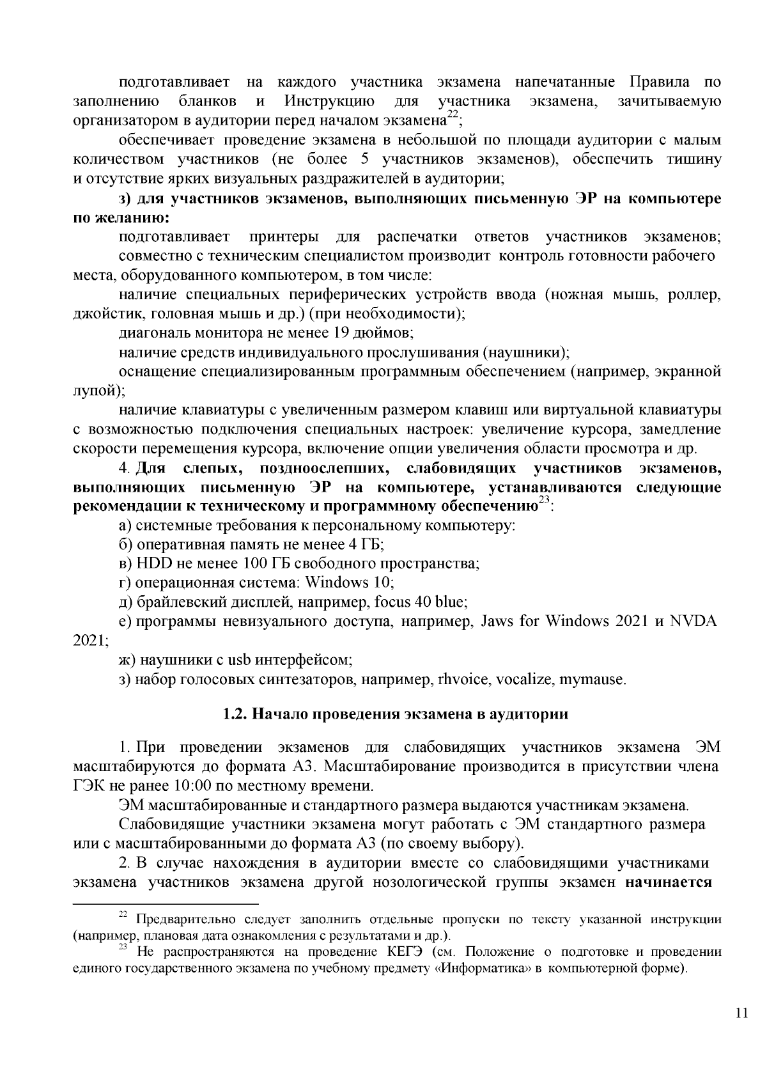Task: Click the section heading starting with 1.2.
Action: tap(394, 714)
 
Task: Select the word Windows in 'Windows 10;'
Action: tap(337, 582)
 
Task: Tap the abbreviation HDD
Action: tap(151, 563)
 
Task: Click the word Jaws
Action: tap(492, 621)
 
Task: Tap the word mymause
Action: tap(593, 678)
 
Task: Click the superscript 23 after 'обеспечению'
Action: tap(543, 503)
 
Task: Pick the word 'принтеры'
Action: tap(284, 237)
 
